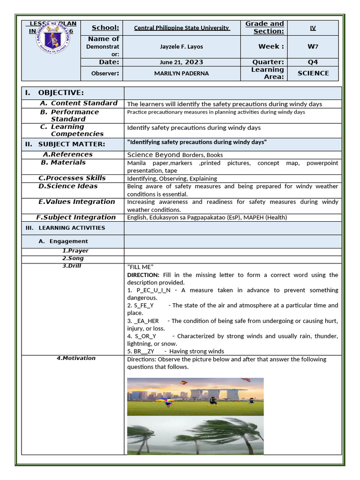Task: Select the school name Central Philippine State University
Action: [182, 28]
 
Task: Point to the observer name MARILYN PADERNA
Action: [182, 73]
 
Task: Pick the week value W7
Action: [313, 46]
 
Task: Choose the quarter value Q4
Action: [313, 62]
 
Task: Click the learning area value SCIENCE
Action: [313, 73]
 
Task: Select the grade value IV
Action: [313, 28]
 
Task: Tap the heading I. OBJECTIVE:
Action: [55, 93]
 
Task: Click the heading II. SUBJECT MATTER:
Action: [65, 144]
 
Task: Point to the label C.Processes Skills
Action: [72, 178]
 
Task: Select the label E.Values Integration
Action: [76, 202]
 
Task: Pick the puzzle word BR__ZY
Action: [143, 351]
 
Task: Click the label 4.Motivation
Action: [76, 358]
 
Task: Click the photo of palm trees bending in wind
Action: [195, 435]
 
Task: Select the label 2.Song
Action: [73, 258]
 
